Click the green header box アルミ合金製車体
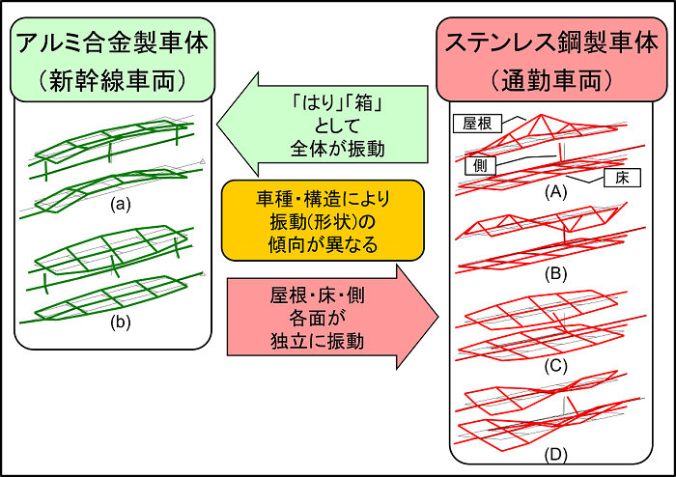point(113,60)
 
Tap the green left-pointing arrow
point(322,125)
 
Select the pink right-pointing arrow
point(333,317)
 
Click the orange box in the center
point(323,220)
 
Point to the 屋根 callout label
point(478,124)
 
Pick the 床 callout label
point(622,178)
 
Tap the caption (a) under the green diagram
point(121,204)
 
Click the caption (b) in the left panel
point(121,322)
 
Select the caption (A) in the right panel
point(555,192)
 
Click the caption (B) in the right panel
point(555,274)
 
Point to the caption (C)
point(555,365)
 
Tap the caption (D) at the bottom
point(555,454)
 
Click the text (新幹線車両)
point(113,80)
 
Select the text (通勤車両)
point(551,80)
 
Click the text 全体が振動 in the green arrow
point(337,149)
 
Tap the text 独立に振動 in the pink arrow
point(318,341)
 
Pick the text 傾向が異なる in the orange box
point(323,244)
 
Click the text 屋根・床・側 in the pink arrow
point(318,295)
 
